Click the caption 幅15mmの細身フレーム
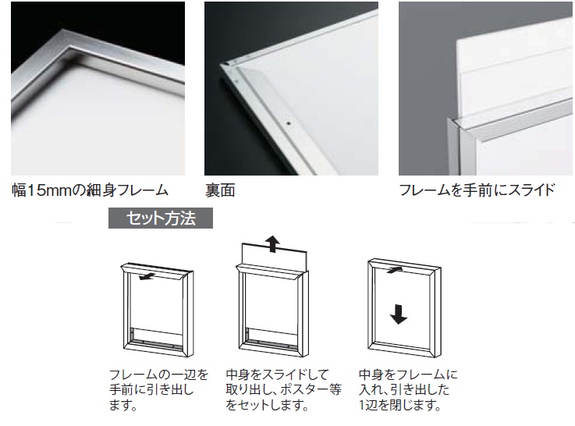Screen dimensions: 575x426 coord(91,190)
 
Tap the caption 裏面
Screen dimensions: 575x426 coord(220,190)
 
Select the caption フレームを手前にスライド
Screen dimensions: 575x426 coord(477,190)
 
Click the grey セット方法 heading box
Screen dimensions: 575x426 coord(161,218)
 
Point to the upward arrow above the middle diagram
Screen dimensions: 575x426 coord(272,243)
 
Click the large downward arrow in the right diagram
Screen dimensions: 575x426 coord(398,314)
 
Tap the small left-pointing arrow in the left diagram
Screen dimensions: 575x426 coord(147,277)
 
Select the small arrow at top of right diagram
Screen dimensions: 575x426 coord(395,270)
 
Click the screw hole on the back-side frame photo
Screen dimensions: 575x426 coord(289,123)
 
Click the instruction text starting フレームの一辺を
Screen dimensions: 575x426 coord(158,389)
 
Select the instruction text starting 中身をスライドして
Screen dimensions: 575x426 coord(284,389)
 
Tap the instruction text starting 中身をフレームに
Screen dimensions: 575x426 coord(408,389)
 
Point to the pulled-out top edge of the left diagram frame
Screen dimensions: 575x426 coord(157,271)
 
